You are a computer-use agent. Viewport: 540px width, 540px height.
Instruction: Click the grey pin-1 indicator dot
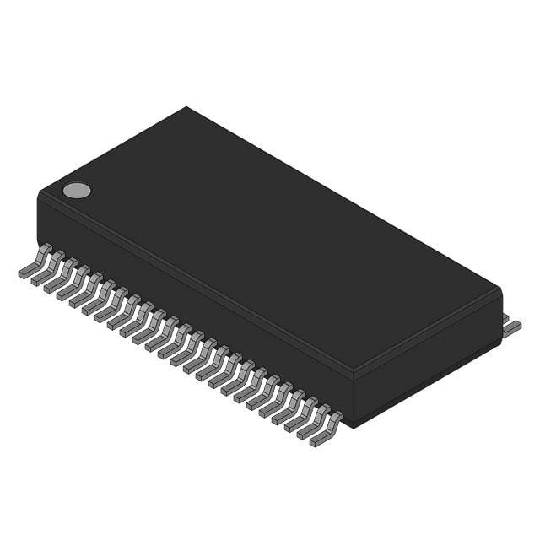tap(77, 190)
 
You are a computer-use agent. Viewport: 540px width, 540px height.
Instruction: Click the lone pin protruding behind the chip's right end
tap(511, 327)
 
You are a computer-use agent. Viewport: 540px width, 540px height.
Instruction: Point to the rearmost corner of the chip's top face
tap(186, 108)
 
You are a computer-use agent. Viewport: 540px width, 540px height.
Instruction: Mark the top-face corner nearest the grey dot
tap(40, 194)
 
